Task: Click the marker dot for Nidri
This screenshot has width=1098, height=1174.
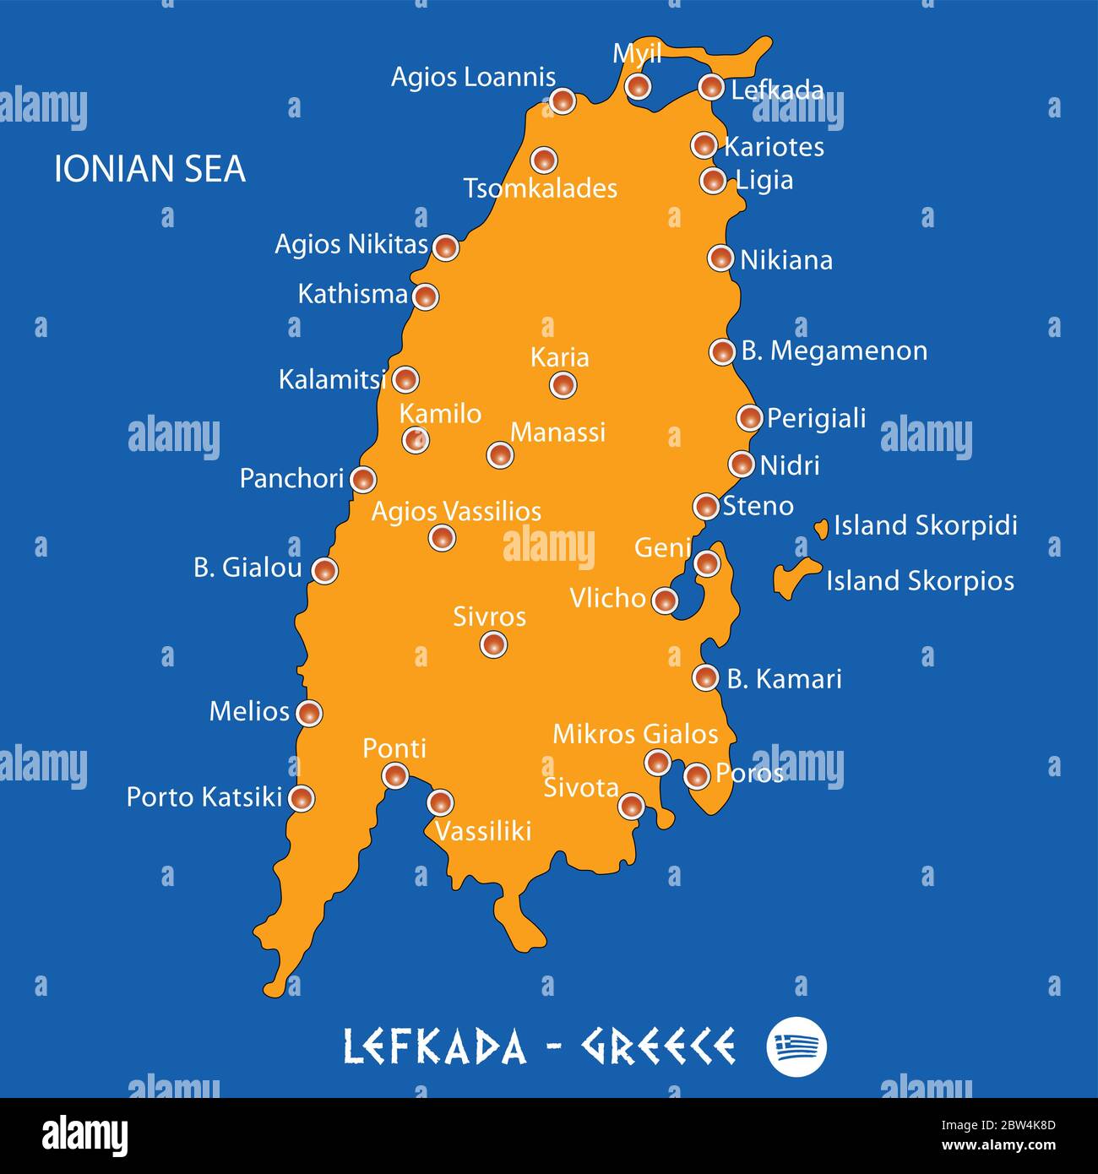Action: point(741,464)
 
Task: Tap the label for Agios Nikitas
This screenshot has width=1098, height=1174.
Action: point(351,244)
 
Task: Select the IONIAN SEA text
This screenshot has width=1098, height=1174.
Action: point(149,169)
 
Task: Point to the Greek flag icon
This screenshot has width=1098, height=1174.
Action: point(796,1046)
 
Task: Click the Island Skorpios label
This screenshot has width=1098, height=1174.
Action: point(920,581)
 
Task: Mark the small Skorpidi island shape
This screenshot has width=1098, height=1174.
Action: point(821,529)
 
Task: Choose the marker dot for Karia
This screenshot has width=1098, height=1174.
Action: point(563,385)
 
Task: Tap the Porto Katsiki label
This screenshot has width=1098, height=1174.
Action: point(204,796)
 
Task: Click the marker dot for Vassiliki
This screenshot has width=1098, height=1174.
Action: point(440,802)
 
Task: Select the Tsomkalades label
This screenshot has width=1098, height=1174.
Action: point(540,188)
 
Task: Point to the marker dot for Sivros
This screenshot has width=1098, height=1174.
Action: point(493,644)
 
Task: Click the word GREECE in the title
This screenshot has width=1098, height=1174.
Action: point(657,1046)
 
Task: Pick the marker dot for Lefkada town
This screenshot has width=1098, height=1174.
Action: point(711,86)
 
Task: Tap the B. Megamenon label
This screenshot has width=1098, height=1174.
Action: point(834,351)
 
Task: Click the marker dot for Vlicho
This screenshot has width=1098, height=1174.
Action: point(665,601)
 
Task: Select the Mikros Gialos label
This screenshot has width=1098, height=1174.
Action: point(635,734)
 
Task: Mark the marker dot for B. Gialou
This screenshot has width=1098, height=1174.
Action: point(324,570)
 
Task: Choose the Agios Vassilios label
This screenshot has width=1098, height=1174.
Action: point(456,511)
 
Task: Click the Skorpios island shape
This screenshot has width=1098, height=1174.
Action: point(791,579)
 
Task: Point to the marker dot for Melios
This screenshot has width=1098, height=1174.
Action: point(309,713)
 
